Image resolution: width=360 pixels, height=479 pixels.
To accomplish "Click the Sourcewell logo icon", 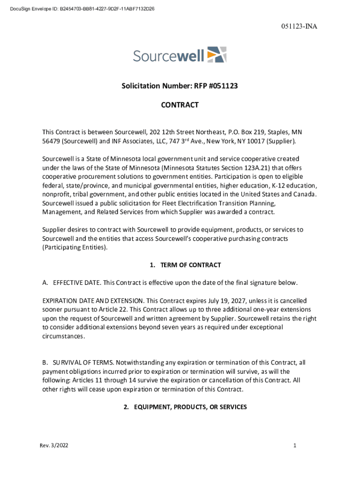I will coord(216,55).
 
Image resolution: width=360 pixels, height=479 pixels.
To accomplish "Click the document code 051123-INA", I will coord(299,26).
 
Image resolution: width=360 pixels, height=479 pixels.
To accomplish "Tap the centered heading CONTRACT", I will coord(180,105).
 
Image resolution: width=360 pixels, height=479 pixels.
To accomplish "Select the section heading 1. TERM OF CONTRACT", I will coord(185,265).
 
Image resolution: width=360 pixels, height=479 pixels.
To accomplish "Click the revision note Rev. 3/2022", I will coord(54,445).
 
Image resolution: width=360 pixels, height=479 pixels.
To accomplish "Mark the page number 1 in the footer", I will coord(295,445).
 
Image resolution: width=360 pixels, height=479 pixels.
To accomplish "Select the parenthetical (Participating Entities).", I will coord(75,247).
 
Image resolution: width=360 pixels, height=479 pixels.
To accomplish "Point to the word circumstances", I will coord(64,336).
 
